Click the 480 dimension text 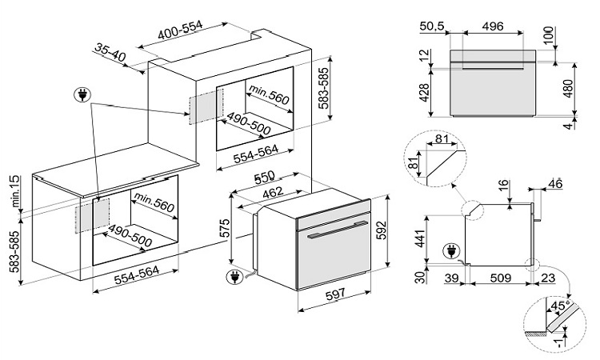[x=569, y=88]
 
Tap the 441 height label [x=423, y=236]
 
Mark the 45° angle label [x=558, y=306]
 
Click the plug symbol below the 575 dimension [x=234, y=278]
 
